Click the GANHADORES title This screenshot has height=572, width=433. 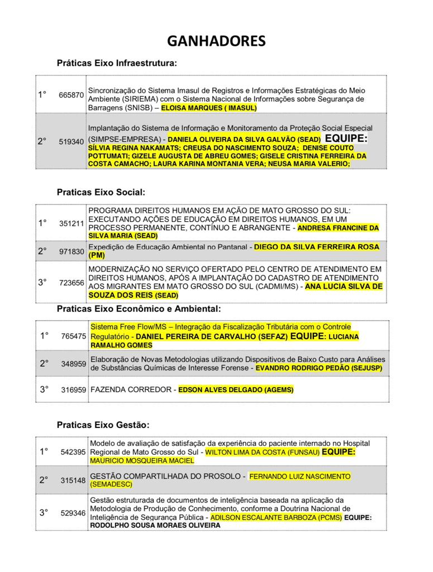click(x=216, y=41)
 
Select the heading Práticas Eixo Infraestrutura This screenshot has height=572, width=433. click(x=117, y=63)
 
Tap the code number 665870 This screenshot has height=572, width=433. click(x=71, y=95)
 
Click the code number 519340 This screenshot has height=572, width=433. click(x=71, y=142)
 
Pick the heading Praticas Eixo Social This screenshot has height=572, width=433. click(x=101, y=192)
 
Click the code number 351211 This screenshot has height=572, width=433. click(x=72, y=223)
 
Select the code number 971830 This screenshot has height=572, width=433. click(x=72, y=252)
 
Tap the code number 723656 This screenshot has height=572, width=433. click(x=72, y=283)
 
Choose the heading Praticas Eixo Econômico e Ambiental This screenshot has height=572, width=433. click(x=139, y=308)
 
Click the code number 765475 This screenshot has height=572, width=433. click(x=74, y=336)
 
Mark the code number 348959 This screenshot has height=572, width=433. click(x=74, y=364)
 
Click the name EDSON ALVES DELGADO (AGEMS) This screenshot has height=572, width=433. click(x=236, y=389)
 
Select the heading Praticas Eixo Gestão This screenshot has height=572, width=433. click(x=103, y=425)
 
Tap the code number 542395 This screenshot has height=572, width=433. click(x=73, y=452)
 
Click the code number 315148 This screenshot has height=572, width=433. click(x=73, y=480)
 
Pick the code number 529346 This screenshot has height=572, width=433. click(x=73, y=513)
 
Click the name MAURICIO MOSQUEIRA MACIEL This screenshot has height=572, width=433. click(x=142, y=461)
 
